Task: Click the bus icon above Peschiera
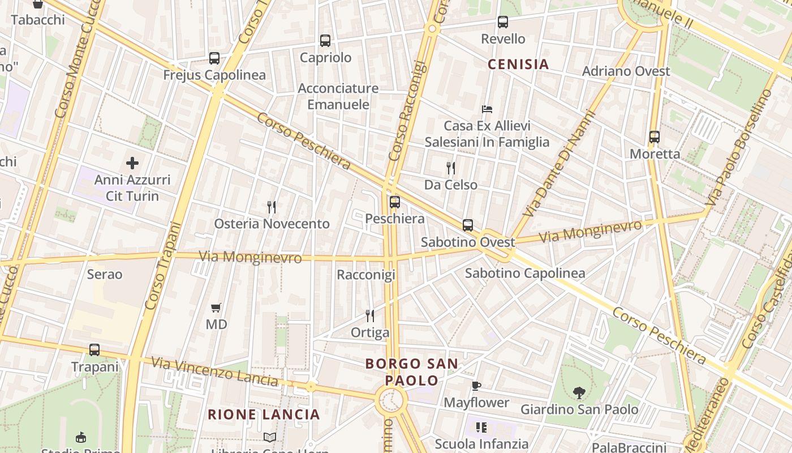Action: tap(395, 202)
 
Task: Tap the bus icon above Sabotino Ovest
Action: tap(468, 225)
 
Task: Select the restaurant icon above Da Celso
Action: tap(451, 168)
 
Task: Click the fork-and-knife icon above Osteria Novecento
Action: tap(272, 207)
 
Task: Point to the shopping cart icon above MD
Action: tap(216, 308)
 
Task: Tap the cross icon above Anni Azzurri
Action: tap(132, 164)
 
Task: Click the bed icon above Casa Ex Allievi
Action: tap(487, 109)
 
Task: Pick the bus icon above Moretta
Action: tap(655, 137)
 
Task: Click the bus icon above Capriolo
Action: tap(325, 41)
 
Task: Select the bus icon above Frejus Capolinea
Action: tap(214, 58)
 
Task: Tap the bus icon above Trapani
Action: tap(94, 350)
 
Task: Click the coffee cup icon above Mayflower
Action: tap(476, 386)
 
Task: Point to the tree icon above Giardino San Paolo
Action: tap(579, 392)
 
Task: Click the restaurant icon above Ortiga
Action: tap(370, 316)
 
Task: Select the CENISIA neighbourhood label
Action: tap(518, 65)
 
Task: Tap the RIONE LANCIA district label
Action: tap(264, 414)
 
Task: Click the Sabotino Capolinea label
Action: tap(525, 273)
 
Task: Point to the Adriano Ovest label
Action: tap(626, 71)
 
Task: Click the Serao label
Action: tap(105, 275)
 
